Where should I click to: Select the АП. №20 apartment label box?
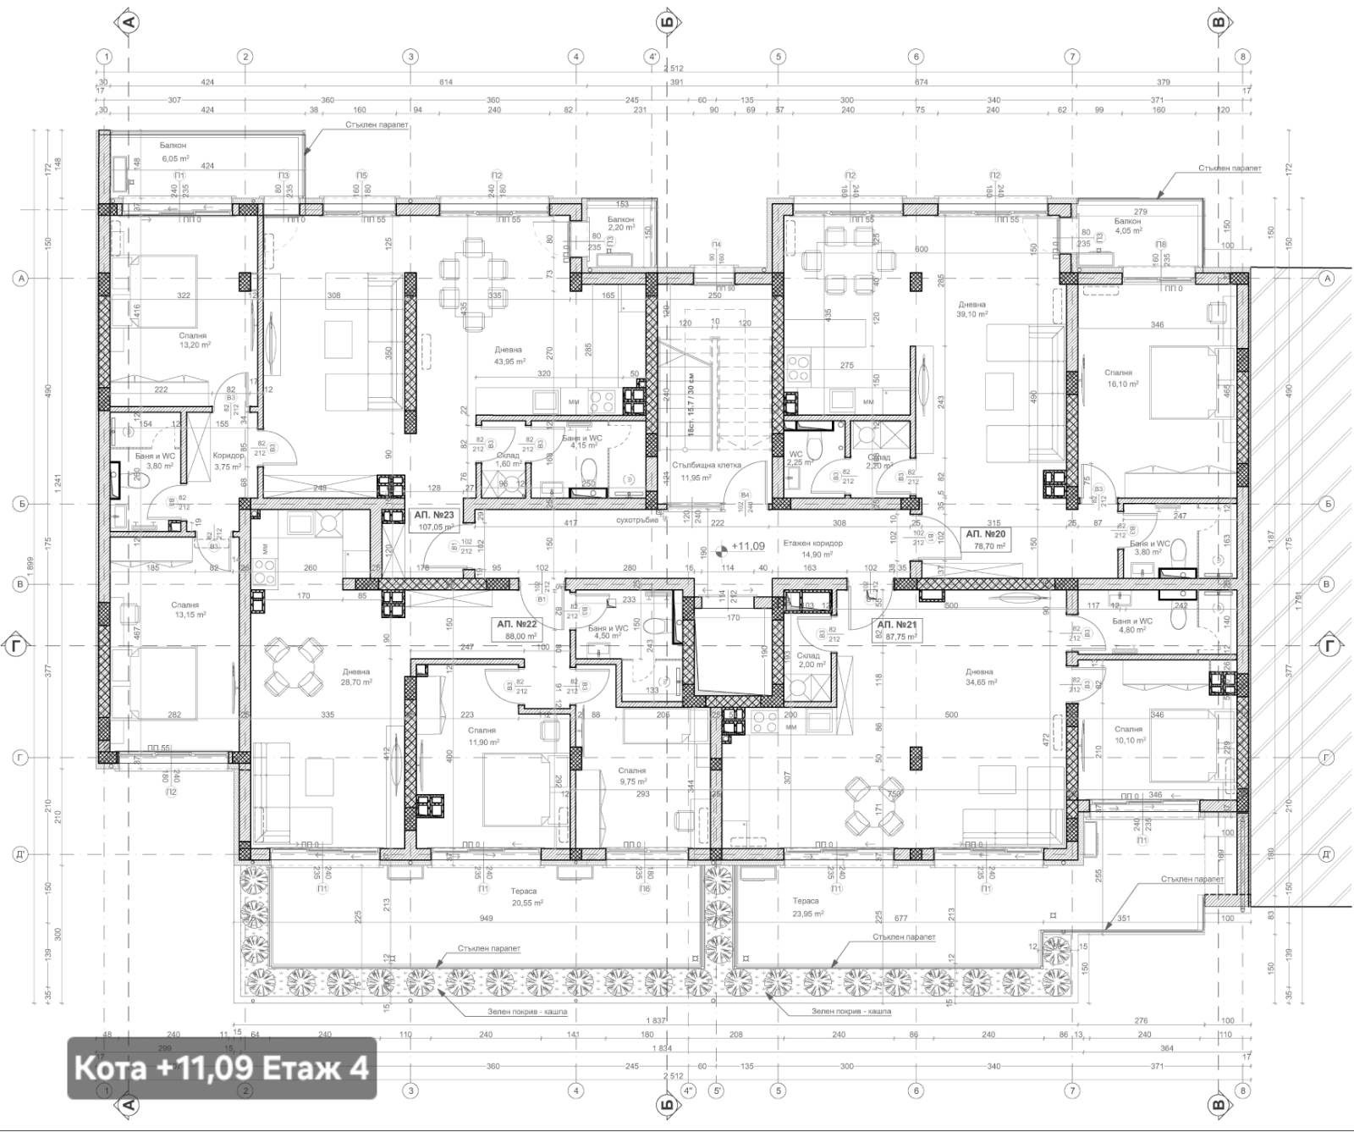coord(988,539)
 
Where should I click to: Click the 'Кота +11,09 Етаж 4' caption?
coord(222,1068)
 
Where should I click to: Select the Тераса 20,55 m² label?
coord(524,897)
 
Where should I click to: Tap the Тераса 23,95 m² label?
coord(806,906)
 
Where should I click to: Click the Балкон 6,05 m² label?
coord(174,152)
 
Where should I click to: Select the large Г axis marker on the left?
coord(16,646)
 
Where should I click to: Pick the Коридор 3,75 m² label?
coord(228,460)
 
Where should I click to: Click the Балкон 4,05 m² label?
coord(1128,225)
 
